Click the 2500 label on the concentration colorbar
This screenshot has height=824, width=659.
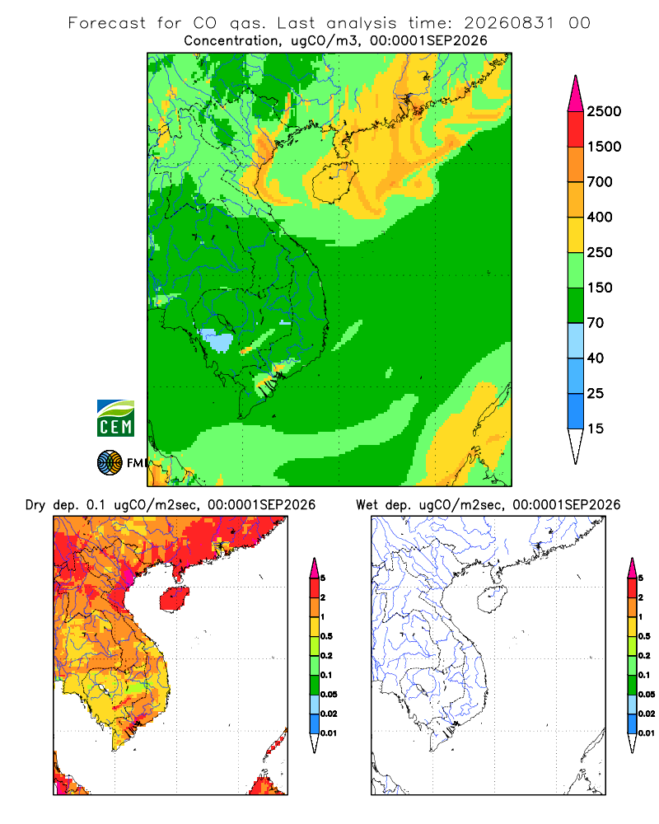click(604, 111)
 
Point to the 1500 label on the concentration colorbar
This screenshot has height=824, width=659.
click(604, 147)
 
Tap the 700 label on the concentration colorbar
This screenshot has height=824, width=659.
click(600, 182)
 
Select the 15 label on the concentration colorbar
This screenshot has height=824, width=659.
click(596, 428)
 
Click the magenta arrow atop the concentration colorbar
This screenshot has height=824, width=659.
click(576, 95)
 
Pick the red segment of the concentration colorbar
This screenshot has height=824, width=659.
click(576, 129)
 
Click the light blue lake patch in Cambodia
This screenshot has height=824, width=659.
click(217, 340)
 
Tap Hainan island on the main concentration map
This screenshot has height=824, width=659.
click(334, 182)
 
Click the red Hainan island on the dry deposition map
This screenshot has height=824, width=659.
click(174, 599)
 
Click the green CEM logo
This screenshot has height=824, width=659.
click(115, 419)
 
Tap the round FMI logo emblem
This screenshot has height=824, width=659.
click(110, 463)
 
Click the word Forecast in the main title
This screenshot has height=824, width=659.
click(107, 23)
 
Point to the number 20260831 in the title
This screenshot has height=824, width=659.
click(509, 23)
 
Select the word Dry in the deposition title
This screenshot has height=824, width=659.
click(35, 505)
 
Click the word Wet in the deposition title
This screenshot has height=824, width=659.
click(367, 505)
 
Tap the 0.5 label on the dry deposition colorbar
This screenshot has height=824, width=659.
click(326, 636)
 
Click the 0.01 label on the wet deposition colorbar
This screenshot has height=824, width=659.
click(647, 733)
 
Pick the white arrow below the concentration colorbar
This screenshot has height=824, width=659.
click(576, 444)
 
